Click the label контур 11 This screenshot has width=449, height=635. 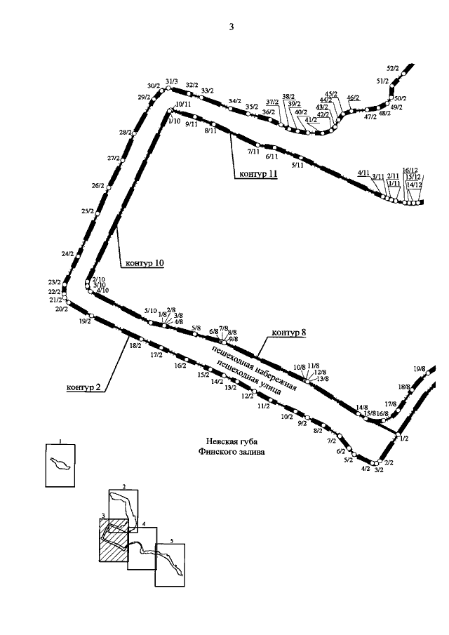(x=256, y=173)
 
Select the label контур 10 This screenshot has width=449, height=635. (x=145, y=263)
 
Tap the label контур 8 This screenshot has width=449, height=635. (x=289, y=332)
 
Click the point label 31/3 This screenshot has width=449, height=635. (x=172, y=82)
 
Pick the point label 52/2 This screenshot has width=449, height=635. (x=393, y=68)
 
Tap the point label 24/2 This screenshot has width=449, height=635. (x=67, y=253)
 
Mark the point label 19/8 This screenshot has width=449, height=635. (x=420, y=368)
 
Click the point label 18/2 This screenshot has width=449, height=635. (x=135, y=345)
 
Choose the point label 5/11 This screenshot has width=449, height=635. (x=297, y=165)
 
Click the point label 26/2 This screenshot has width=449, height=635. (x=98, y=185)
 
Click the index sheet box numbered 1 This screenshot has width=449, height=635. (x=60, y=464)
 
